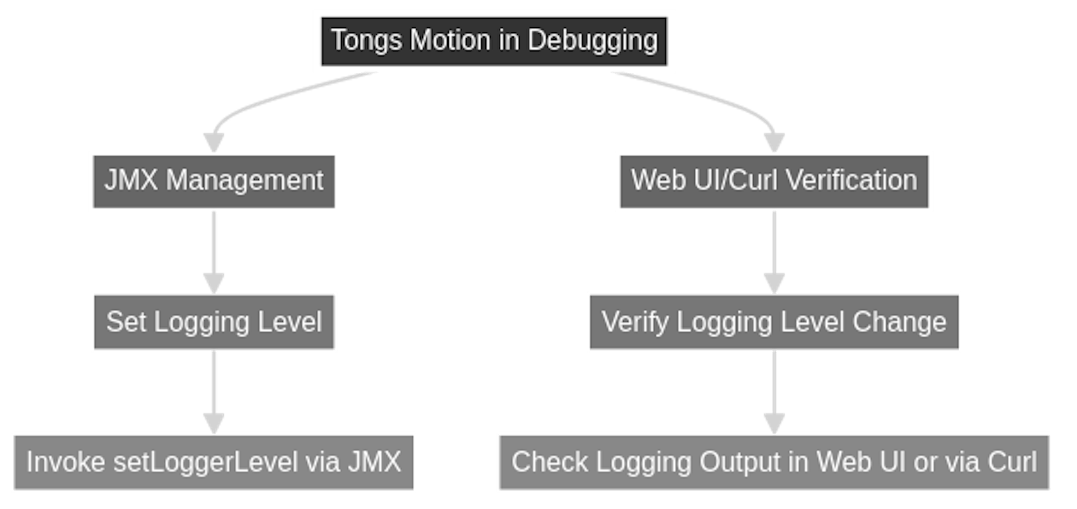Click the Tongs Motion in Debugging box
494,41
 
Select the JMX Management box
213,181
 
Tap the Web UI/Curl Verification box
774,181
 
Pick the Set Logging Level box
214,322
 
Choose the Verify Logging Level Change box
774,322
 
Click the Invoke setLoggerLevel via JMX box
213,462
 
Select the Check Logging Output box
774,462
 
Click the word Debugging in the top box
592,41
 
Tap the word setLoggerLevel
205,462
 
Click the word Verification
851,181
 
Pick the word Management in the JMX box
245,181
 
